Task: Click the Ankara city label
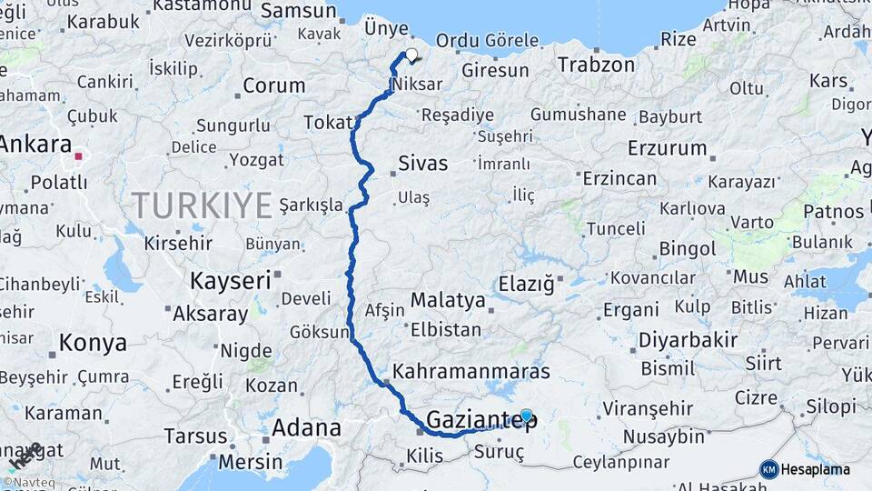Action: point(36,144)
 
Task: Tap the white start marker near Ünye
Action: point(411,55)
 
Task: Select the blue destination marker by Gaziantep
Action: point(526,416)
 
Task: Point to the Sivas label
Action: point(423,164)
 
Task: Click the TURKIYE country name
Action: point(202,205)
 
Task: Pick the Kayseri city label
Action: point(231,281)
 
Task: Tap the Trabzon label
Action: point(596,65)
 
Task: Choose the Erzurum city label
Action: point(668,147)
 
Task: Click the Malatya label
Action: point(448,300)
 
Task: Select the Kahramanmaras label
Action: point(471,372)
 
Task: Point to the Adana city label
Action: point(307,427)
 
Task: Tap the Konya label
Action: point(93,343)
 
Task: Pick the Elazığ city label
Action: point(526,285)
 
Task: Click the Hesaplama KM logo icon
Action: point(769,469)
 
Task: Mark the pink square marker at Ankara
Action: point(78,156)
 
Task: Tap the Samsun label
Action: point(299,11)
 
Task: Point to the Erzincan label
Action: point(619,178)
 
